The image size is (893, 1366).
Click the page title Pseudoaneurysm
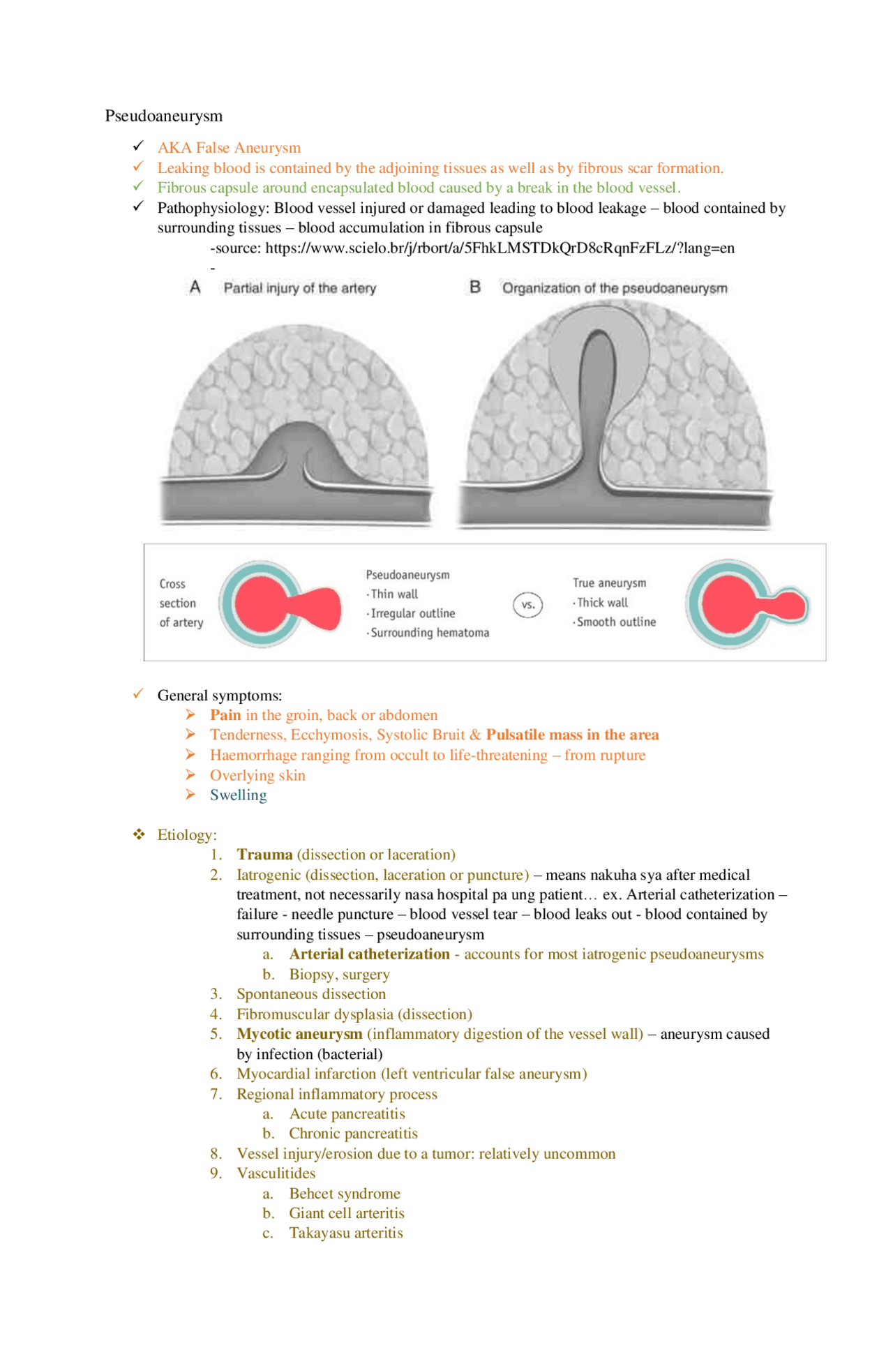point(164,116)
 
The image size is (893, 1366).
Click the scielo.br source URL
point(500,248)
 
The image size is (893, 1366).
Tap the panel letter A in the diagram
point(195,287)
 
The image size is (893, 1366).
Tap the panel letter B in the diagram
point(475,287)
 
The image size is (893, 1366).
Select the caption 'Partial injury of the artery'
point(300,288)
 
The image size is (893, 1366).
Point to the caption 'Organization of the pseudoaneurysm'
point(615,288)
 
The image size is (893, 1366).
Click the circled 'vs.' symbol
point(528,605)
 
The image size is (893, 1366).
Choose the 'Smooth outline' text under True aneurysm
point(616,622)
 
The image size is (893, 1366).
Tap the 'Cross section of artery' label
point(181,603)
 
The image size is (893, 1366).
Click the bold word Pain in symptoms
point(225,715)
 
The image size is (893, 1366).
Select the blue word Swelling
point(239,795)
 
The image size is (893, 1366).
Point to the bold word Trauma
point(264,855)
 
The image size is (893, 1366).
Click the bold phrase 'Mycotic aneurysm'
point(299,1034)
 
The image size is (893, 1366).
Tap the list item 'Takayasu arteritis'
point(346,1233)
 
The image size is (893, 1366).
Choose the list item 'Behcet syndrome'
point(345,1194)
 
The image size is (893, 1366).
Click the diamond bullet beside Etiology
point(140,834)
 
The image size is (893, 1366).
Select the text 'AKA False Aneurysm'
point(229,148)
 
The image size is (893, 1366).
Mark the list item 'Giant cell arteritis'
point(347,1213)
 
